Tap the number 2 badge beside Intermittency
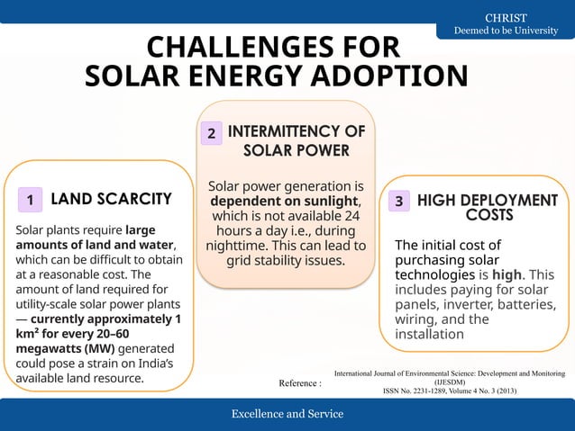coord(210,134)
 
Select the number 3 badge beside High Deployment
coord(397,201)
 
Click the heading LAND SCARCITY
coord(111,198)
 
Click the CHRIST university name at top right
coord(506,18)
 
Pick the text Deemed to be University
coord(505,31)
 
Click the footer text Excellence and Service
coord(287,414)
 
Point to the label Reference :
coord(299,383)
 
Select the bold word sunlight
coord(329,201)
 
